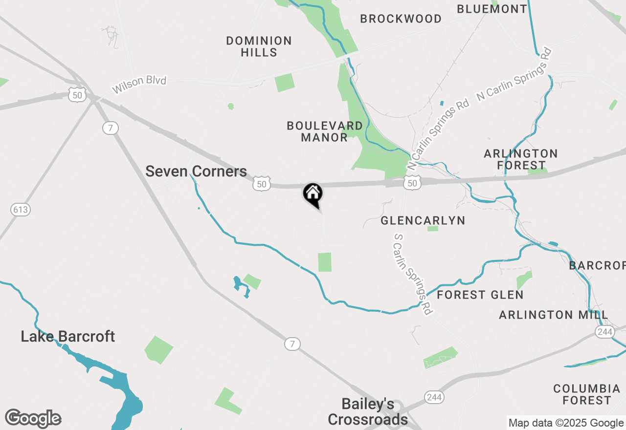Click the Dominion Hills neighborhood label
coord(259,46)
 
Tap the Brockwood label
coord(401,19)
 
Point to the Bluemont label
coord(492,9)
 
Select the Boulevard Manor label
coord(325,131)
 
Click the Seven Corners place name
coord(196,172)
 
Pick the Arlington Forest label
coord(521,159)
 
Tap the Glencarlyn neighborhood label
coord(423,221)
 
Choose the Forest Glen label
coord(480,295)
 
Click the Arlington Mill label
coord(554,315)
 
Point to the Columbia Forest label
coord(587,394)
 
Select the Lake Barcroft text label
coord(68,337)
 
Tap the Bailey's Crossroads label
coord(368,411)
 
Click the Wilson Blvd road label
coord(139,85)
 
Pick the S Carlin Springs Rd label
coord(413,274)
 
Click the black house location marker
coord(313,194)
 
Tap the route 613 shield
coord(21,210)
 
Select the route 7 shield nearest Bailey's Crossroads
coord(292,344)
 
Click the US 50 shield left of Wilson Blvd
coord(77,95)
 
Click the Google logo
coord(33,419)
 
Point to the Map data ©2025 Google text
coord(566,423)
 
